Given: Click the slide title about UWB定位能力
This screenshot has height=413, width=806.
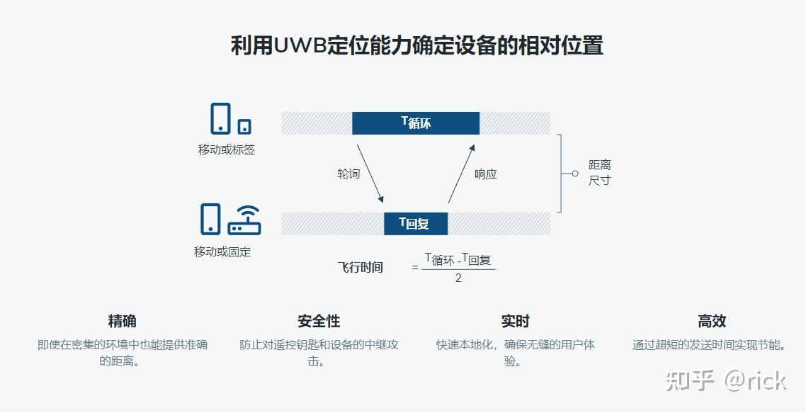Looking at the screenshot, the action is tap(416, 46).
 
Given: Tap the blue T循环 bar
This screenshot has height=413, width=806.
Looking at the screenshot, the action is tap(416, 123).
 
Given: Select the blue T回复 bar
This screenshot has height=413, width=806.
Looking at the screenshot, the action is tap(416, 224).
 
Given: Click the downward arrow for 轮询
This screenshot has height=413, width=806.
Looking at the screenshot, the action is tap(370, 173).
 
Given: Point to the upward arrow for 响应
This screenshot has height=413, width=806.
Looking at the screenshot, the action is tap(461, 173).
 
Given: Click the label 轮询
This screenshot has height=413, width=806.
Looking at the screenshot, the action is tap(348, 174).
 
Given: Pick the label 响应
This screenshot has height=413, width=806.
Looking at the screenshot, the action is tap(486, 174).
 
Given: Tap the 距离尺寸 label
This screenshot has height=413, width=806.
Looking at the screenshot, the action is tap(599, 173).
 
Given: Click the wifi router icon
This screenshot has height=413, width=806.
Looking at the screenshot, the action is tap(244, 220).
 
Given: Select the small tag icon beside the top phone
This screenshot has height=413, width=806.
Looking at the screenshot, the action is tap(244, 126).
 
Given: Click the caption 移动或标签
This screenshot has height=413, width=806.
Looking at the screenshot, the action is tap(227, 150).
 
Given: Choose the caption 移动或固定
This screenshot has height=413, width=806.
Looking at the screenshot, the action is tap(222, 251).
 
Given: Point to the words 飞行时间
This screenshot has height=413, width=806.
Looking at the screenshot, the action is tap(360, 267).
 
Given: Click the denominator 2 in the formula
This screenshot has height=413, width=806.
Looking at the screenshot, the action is tap(458, 278).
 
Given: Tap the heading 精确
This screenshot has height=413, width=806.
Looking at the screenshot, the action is tap(122, 321).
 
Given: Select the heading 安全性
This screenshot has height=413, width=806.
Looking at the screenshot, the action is tap(319, 321).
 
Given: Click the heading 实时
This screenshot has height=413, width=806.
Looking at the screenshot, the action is tap(515, 321).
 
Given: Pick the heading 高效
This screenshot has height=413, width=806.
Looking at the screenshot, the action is tap(711, 321).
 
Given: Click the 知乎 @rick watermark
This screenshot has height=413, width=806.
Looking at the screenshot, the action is tap(726, 380).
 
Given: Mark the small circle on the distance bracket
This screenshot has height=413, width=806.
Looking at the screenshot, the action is tap(575, 173).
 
